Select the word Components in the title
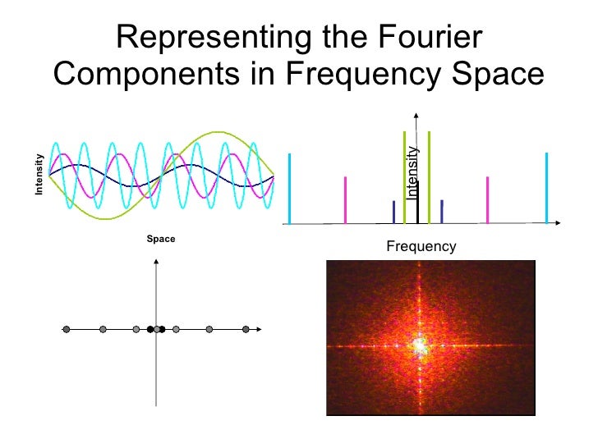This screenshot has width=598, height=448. [161, 75]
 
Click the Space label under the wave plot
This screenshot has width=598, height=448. [161, 239]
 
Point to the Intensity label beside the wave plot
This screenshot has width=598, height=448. [38, 175]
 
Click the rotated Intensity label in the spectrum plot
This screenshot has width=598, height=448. [412, 172]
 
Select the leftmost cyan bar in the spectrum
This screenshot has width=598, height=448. [290, 188]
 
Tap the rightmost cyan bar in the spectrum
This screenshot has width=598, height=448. [546, 188]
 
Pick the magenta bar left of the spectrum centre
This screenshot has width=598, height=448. [346, 199]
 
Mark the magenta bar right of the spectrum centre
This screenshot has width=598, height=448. [488, 199]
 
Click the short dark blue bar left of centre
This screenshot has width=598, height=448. [393, 212]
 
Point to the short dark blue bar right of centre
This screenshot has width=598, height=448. [442, 212]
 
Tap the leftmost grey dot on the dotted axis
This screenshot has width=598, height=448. [66, 330]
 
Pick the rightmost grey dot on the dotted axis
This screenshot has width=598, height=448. [246, 330]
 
